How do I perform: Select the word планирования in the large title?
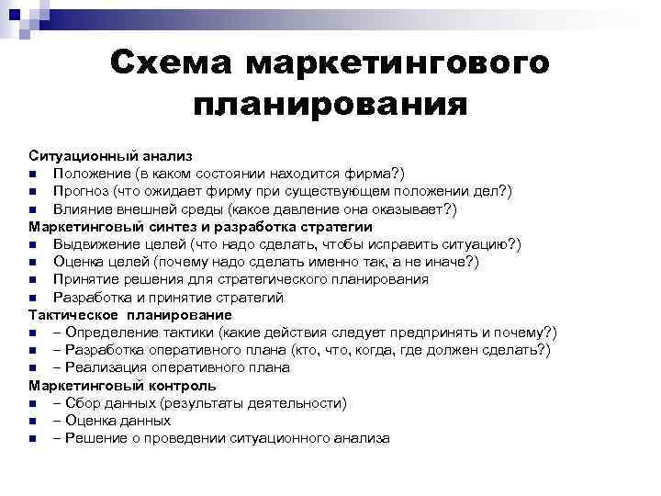(x=330, y=103)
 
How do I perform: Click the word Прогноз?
(x=82, y=191)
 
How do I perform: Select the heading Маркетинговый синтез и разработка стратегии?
(x=200, y=226)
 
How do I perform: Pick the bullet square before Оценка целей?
(x=33, y=262)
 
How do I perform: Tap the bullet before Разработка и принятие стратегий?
(x=33, y=298)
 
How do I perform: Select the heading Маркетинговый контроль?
(x=122, y=386)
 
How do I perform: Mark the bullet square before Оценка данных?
(x=33, y=421)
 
